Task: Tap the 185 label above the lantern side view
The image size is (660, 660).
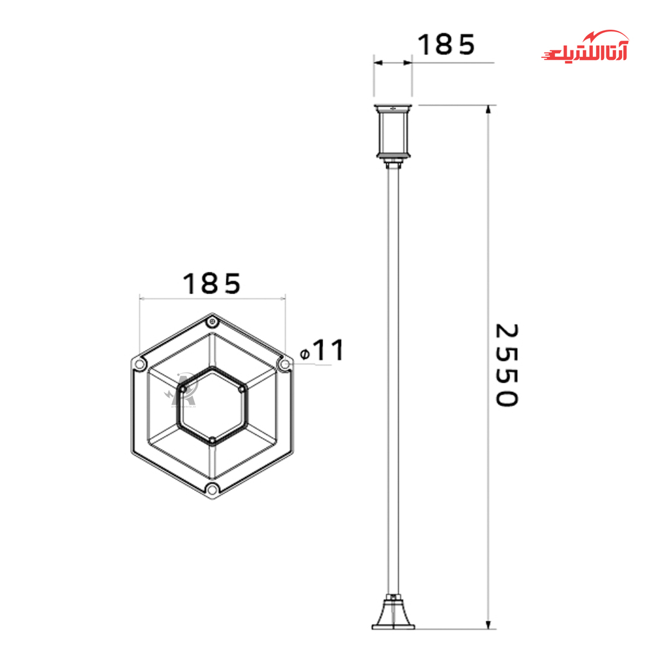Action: point(446,44)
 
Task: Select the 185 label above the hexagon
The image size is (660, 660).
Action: point(211,284)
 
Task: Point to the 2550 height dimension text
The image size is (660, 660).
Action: point(507,365)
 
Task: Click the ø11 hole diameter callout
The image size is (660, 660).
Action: point(322,350)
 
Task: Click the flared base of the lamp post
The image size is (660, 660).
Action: point(393,612)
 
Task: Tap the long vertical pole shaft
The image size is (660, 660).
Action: point(393,379)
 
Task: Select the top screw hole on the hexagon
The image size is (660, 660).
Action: point(213,322)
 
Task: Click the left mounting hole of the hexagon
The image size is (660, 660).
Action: point(140,364)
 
